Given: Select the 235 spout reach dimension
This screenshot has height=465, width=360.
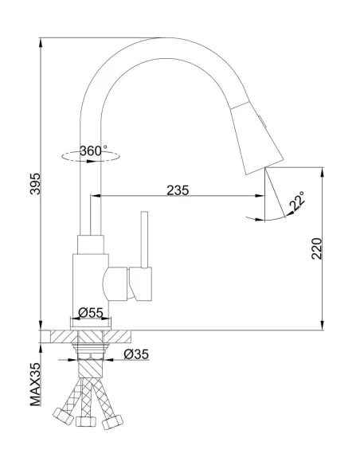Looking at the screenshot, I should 178,190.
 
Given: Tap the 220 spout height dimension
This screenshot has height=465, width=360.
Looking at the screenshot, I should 316,248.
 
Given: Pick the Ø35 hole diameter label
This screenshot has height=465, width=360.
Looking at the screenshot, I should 136,354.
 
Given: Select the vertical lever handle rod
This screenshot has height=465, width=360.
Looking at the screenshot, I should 145,239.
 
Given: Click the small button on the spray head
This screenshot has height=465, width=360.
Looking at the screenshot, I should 264,120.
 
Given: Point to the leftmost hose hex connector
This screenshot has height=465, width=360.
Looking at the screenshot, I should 61,415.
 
